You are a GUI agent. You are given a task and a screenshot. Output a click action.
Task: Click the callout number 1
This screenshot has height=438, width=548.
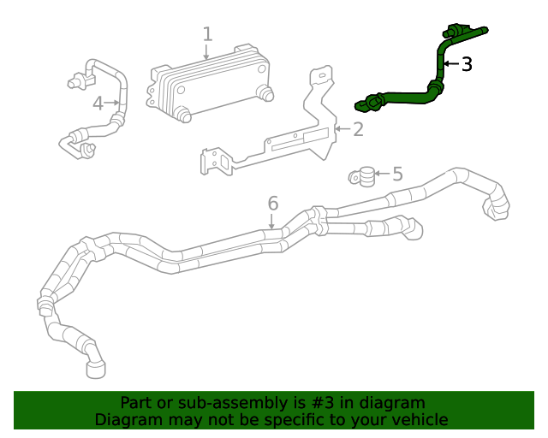(207, 34)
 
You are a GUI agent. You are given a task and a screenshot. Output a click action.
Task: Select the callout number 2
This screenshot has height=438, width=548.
(358, 129)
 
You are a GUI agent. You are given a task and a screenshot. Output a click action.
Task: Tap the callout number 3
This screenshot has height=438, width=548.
(466, 64)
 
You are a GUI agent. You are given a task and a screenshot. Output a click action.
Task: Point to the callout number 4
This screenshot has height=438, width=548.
(98, 104)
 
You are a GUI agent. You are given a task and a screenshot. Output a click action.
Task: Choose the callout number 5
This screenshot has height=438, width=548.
(397, 175)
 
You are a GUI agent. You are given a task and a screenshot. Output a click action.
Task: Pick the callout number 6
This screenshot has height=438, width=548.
(272, 204)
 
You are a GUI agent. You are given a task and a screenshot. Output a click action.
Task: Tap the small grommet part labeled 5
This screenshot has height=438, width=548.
(366, 176)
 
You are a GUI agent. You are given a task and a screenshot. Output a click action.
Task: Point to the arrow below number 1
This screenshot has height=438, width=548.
(207, 53)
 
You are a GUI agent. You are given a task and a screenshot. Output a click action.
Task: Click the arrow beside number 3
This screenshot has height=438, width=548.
(451, 64)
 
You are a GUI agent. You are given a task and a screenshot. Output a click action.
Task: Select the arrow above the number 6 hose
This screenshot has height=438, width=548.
(272, 222)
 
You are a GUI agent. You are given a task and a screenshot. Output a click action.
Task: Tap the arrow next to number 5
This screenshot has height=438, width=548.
(383, 175)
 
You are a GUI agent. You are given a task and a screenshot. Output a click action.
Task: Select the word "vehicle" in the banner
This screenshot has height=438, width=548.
(417, 419)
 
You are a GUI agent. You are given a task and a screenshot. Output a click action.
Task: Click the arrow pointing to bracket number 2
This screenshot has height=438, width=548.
(342, 129)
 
